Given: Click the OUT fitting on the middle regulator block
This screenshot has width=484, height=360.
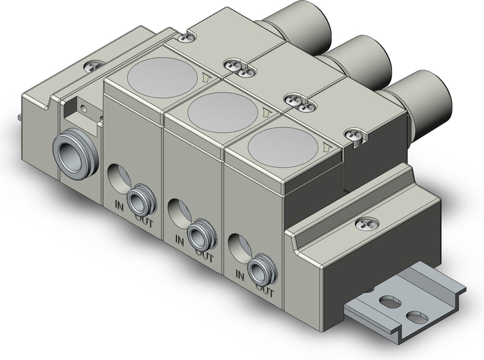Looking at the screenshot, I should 198,232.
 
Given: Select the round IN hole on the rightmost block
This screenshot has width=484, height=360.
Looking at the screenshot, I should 238,247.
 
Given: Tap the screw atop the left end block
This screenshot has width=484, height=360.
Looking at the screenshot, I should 93,63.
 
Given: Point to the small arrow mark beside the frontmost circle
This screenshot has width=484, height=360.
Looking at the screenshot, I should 326,146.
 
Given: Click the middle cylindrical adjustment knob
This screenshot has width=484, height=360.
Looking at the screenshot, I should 364,60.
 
